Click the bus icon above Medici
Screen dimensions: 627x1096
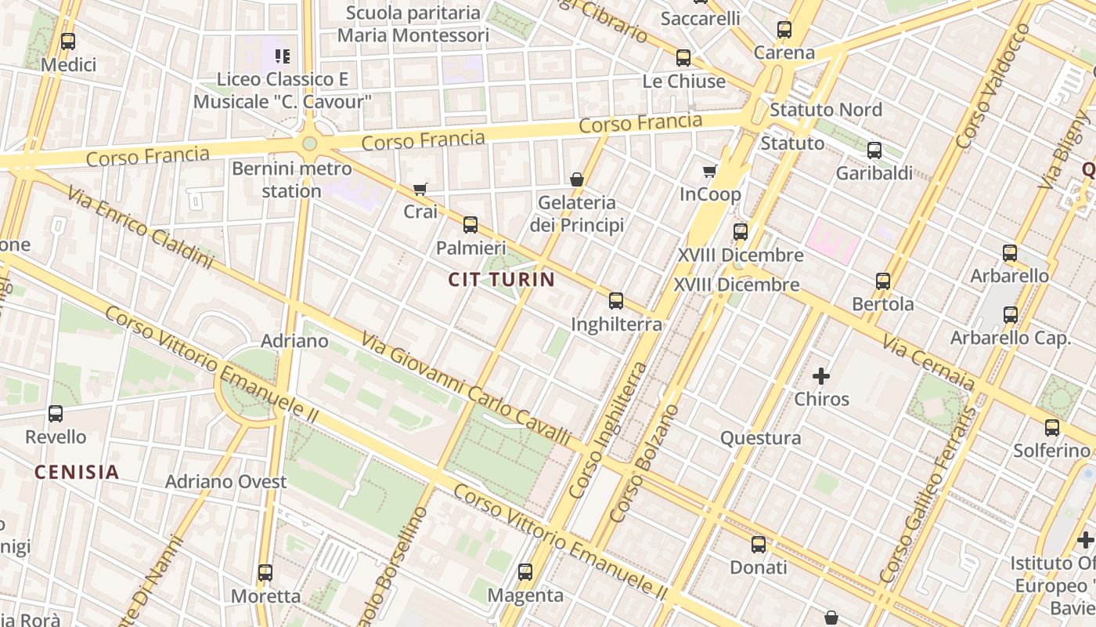[68, 42]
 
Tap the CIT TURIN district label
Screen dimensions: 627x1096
[502, 279]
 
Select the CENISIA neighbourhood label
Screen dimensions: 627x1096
[77, 472]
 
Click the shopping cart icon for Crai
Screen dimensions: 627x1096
[420, 189]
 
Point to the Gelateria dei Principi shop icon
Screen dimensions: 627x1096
[577, 179]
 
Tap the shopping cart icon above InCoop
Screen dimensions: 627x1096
[710, 171]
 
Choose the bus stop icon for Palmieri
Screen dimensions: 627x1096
[470, 225]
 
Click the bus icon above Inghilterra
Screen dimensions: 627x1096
[616, 301]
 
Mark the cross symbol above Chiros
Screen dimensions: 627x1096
[821, 376]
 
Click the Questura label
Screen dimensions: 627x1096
[760, 438]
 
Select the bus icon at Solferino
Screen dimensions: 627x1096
[1052, 428]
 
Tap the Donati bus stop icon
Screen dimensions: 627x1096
[759, 545]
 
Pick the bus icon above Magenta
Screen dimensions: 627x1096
[525, 572]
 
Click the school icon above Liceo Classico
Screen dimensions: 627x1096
[283, 56]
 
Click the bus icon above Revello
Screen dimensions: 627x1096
[56, 414]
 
